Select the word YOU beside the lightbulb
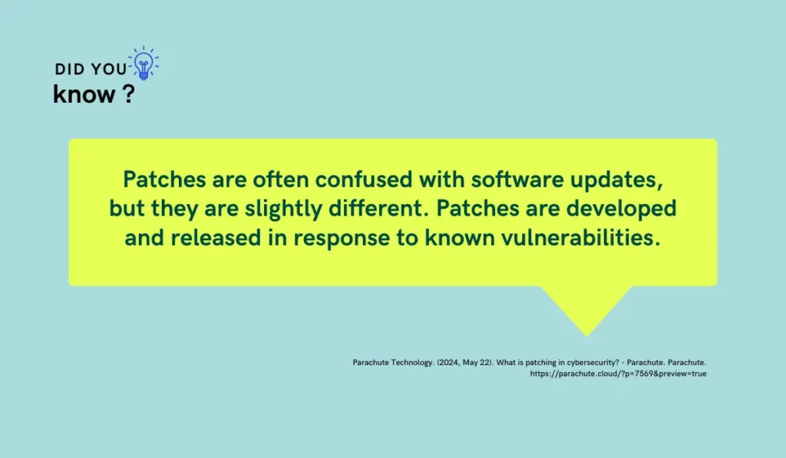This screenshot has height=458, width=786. tap(108, 69)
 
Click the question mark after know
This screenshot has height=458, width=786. tap(127, 94)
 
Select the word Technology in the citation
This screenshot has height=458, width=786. tap(405, 361)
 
